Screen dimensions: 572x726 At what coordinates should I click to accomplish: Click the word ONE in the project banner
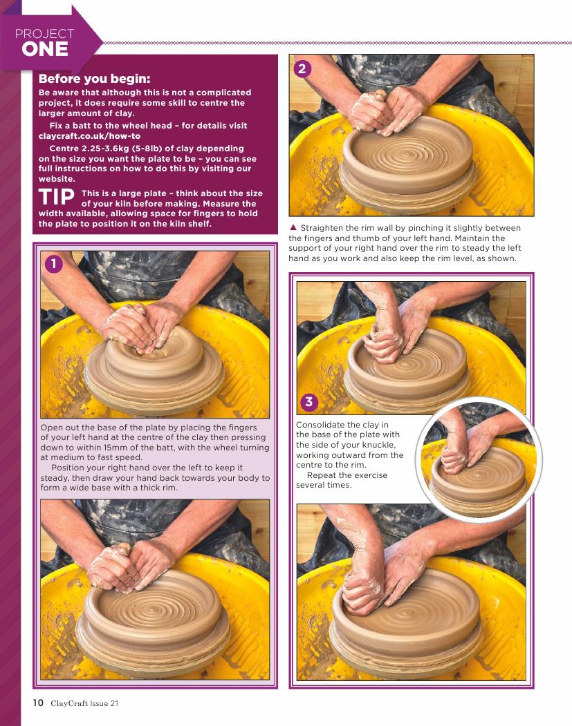pyautogui.click(x=45, y=50)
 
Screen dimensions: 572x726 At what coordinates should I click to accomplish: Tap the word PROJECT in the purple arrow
pyautogui.click(x=44, y=33)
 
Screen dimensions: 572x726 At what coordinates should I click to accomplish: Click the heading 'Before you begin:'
pyautogui.click(x=95, y=79)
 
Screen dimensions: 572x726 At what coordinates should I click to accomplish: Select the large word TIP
pyautogui.click(x=57, y=198)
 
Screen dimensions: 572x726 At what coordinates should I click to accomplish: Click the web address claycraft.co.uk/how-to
pyautogui.click(x=89, y=136)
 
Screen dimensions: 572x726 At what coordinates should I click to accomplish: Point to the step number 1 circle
pyautogui.click(x=54, y=264)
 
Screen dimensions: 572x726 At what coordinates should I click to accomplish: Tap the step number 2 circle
pyautogui.click(x=302, y=69)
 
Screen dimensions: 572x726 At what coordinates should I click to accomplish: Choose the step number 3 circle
pyautogui.click(x=309, y=402)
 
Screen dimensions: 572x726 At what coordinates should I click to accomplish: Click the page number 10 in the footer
pyautogui.click(x=38, y=703)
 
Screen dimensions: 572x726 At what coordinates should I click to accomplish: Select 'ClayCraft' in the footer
pyautogui.click(x=69, y=703)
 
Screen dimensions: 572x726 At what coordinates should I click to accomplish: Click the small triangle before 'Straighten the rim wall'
pyautogui.click(x=293, y=227)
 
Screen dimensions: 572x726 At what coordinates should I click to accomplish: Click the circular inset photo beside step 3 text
pyautogui.click(x=479, y=461)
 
